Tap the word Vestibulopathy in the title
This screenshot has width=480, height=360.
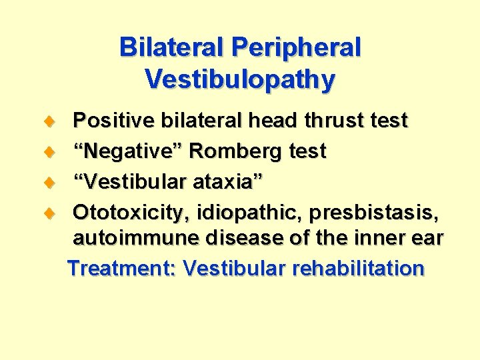240,79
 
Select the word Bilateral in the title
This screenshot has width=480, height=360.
171,48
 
